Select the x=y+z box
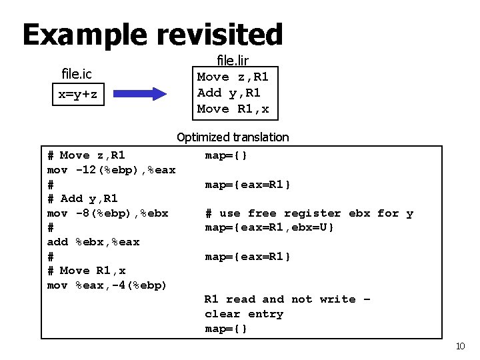pyautogui.click(x=78, y=94)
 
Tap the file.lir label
pyautogui.click(x=233, y=61)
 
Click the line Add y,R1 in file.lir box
pyautogui.click(x=229, y=93)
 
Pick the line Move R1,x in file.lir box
pyautogui.click(x=233, y=109)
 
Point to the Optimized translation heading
pyautogui.click(x=233, y=137)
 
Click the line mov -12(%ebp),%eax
pyautogui.click(x=111, y=170)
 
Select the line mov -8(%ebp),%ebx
pyautogui.click(x=107, y=213)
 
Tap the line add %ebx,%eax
pyautogui.click(x=93, y=242)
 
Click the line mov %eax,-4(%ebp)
pyautogui.click(x=107, y=285)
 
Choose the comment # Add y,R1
pyautogui.click(x=82, y=199)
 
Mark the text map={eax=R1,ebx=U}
pyautogui.click(x=269, y=228)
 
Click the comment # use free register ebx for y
pyautogui.click(x=309, y=213)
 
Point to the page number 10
pyautogui.click(x=459, y=346)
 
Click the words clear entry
pyautogui.click(x=244, y=314)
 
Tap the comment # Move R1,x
pyautogui.click(x=86, y=271)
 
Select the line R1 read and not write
pyautogui.click(x=287, y=299)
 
